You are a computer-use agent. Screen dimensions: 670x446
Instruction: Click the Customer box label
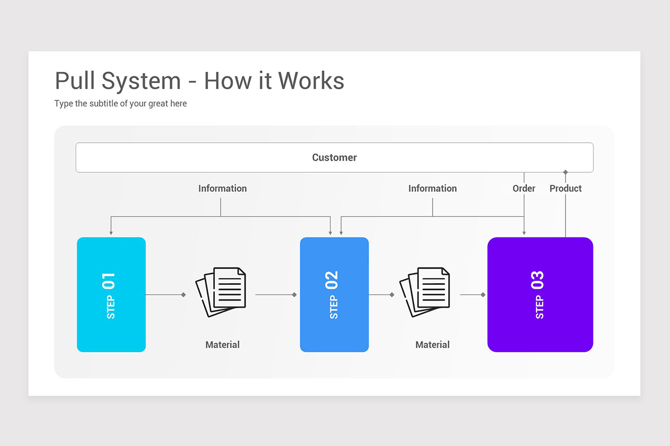[334, 157]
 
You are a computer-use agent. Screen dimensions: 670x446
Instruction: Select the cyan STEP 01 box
[111, 294]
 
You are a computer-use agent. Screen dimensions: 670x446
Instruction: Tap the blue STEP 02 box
[334, 294]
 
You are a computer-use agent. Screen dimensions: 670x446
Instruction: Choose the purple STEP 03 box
[540, 294]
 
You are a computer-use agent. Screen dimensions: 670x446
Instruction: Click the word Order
[524, 188]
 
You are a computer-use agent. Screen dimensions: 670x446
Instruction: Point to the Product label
[566, 188]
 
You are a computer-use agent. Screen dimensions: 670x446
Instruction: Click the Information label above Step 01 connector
[223, 188]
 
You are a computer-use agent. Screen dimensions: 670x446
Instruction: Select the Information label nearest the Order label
[433, 188]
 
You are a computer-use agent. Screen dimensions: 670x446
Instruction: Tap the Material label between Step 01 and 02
[223, 345]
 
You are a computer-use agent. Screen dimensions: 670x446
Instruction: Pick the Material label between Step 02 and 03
[433, 345]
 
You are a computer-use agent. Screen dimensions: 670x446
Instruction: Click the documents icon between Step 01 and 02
[221, 292]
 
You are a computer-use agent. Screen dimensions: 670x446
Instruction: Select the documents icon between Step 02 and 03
[425, 292]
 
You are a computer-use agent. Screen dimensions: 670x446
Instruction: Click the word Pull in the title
[75, 81]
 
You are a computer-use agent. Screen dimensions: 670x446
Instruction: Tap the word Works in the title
[311, 81]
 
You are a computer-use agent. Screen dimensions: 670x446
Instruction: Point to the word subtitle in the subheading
[104, 103]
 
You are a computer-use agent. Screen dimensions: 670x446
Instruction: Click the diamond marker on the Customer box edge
[565, 172]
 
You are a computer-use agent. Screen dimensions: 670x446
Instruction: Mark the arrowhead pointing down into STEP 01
[111, 232]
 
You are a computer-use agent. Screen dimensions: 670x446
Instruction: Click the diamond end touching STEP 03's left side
[483, 295]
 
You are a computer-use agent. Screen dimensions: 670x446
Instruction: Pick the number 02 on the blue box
[332, 280]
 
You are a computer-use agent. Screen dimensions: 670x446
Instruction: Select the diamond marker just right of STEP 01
[183, 295]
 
